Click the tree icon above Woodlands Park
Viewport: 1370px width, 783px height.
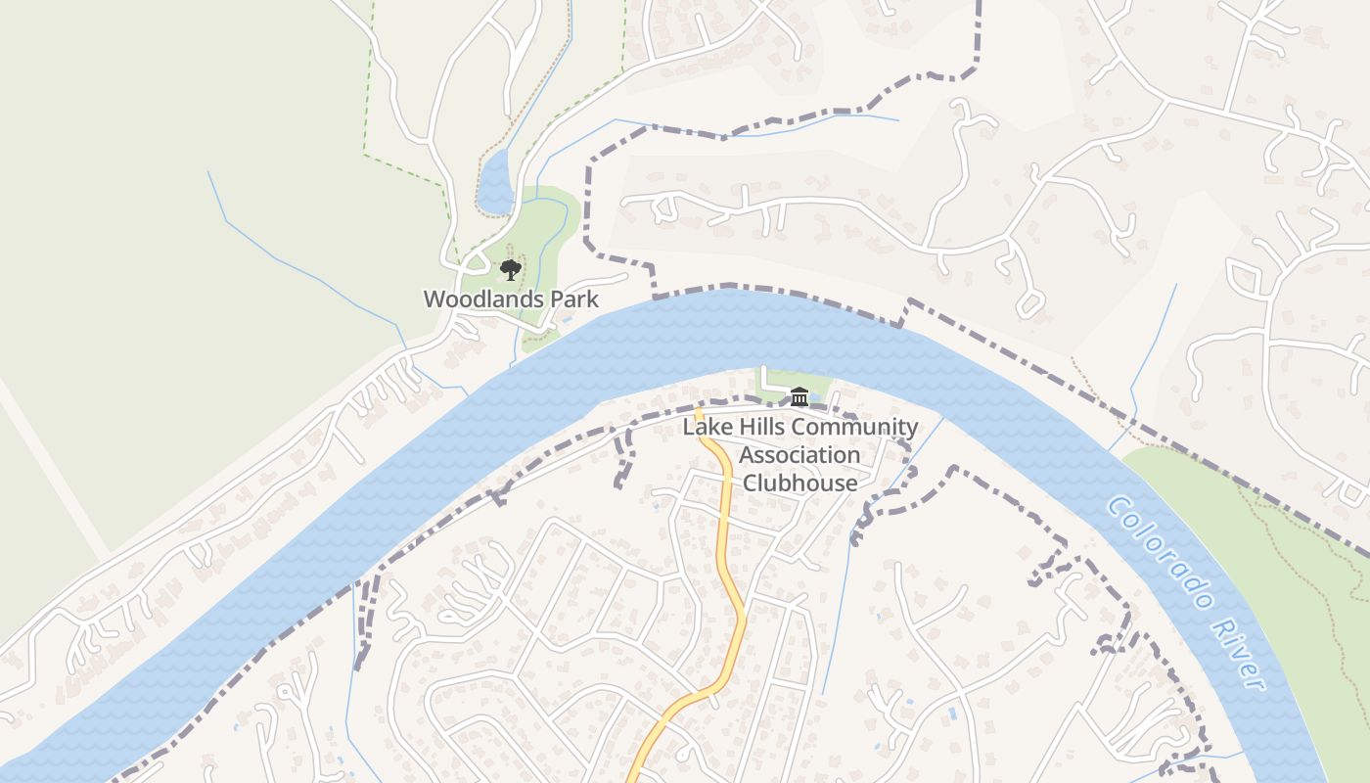click(510, 270)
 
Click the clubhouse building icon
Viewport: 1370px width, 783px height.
click(799, 396)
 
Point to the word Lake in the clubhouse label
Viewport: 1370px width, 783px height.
click(706, 428)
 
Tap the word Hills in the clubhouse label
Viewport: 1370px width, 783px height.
click(759, 428)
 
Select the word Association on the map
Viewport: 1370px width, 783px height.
click(799, 455)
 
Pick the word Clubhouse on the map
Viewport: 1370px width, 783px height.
click(799, 483)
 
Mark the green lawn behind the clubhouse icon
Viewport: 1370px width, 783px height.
click(783, 382)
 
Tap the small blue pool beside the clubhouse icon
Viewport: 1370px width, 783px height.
click(817, 397)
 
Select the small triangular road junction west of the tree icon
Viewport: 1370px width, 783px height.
click(475, 261)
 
